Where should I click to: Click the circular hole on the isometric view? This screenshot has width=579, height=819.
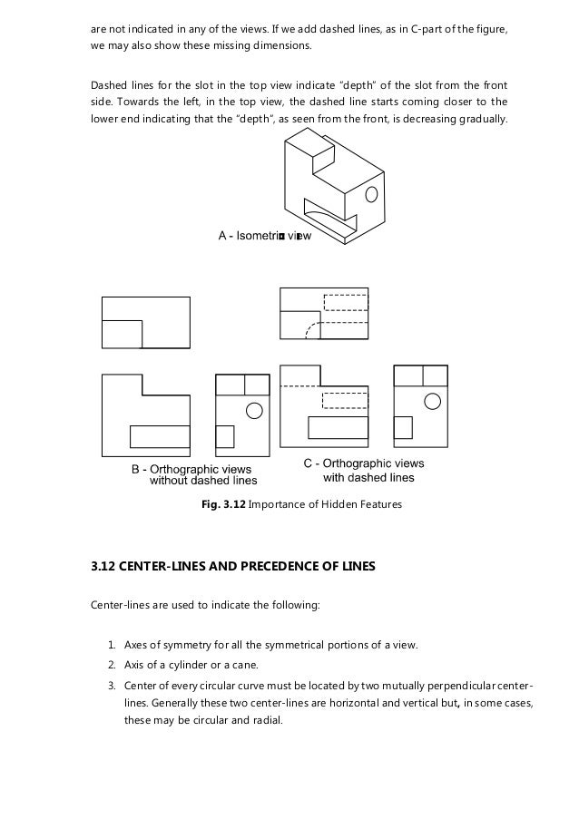(370, 194)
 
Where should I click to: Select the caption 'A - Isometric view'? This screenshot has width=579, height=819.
(265, 236)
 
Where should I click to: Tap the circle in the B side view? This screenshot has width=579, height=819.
(253, 410)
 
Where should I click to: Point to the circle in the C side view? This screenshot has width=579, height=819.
(434, 401)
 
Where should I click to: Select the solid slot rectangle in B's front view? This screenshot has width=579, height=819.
(158, 436)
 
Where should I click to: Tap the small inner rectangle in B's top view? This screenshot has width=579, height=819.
(122, 333)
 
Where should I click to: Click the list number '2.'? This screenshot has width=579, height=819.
(112, 664)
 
